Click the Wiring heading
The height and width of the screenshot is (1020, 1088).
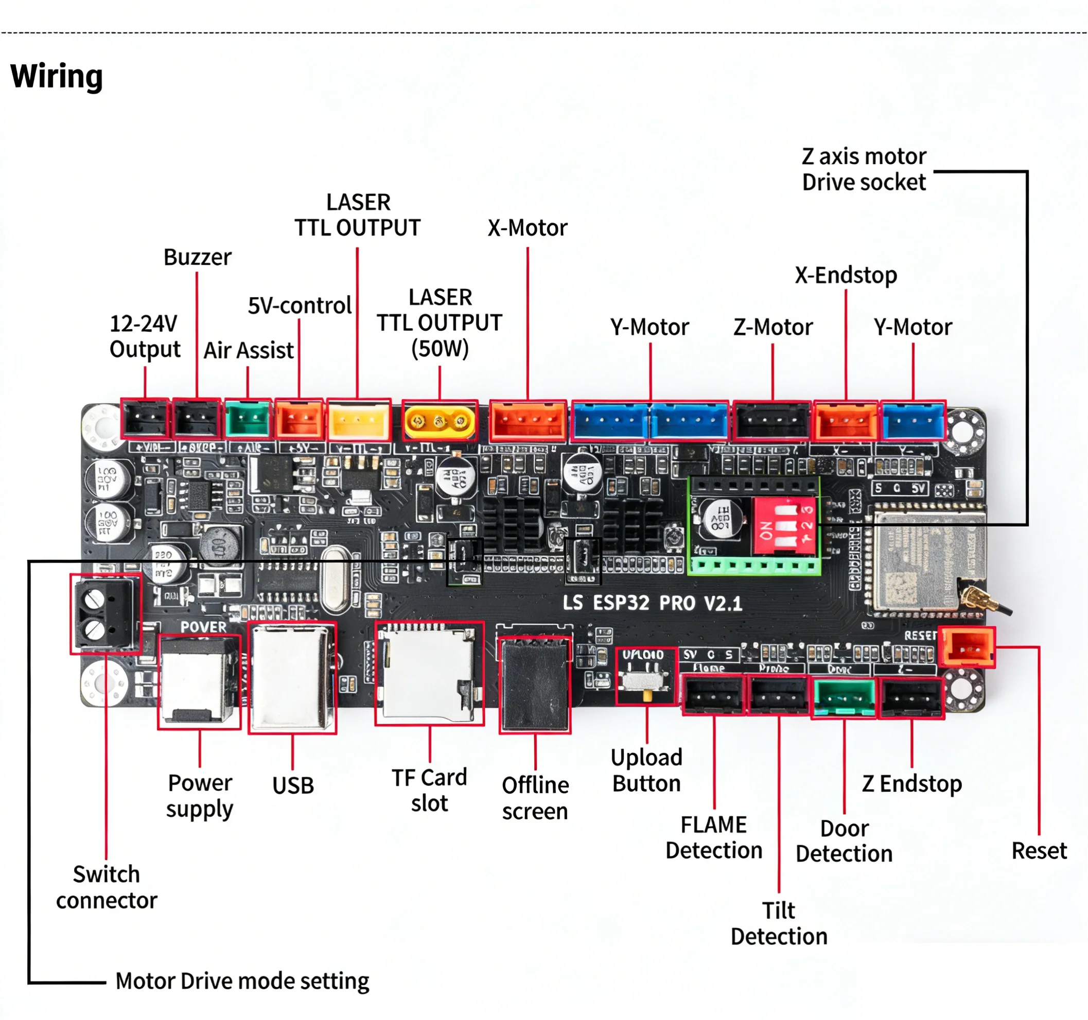[x=57, y=76]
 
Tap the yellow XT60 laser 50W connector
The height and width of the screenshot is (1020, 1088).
[x=440, y=421]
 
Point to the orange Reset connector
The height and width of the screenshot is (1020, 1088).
[x=967, y=648]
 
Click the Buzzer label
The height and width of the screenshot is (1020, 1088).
[x=197, y=257]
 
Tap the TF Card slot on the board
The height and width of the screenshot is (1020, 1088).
[x=429, y=673]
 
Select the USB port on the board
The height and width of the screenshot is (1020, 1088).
[x=292, y=678]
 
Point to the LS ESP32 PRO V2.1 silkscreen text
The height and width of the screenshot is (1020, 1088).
[x=653, y=603]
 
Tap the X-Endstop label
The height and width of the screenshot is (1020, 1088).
[x=846, y=275]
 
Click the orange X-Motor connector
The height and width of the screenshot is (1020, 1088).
[x=528, y=421]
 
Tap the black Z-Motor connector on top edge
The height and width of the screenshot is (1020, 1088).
[x=772, y=421]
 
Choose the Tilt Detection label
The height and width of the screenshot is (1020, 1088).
[x=779, y=924]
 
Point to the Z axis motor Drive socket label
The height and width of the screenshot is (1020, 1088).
[x=864, y=170]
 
